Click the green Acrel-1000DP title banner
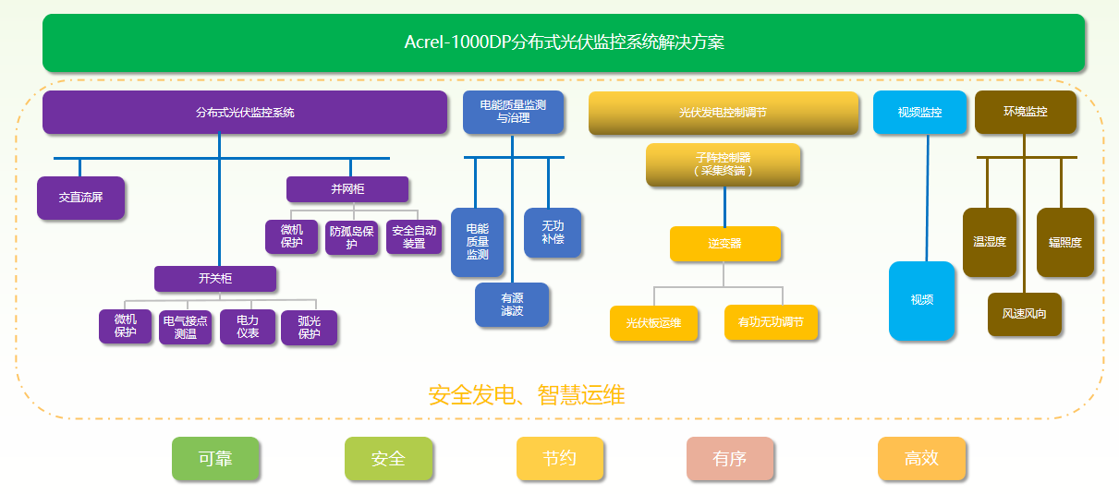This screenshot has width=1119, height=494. pyautogui.click(x=563, y=42)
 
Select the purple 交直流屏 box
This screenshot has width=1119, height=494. pyautogui.click(x=80, y=198)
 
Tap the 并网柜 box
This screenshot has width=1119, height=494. pyautogui.click(x=347, y=188)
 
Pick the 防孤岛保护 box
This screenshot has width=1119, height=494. pyautogui.click(x=352, y=237)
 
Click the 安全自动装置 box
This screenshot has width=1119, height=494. pyautogui.click(x=414, y=237)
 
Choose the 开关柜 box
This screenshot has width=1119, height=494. pyautogui.click(x=215, y=279)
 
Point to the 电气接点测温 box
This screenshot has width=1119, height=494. pyautogui.click(x=186, y=327)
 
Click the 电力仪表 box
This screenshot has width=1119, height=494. pyautogui.click(x=247, y=327)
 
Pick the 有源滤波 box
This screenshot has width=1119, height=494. pyautogui.click(x=512, y=305)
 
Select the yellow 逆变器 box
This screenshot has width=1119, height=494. pyautogui.click(x=725, y=244)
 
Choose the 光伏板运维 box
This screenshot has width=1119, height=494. pyautogui.click(x=653, y=323)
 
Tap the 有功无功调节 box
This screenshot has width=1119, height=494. pyautogui.click(x=771, y=323)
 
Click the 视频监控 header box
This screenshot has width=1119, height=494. pyautogui.click(x=919, y=113)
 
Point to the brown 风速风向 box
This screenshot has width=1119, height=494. pyautogui.click(x=1024, y=314)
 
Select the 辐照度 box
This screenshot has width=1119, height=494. pyautogui.click(x=1064, y=243)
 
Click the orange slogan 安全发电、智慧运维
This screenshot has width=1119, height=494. pyautogui.click(x=527, y=396)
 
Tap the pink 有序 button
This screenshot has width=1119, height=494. pyautogui.click(x=730, y=459)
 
